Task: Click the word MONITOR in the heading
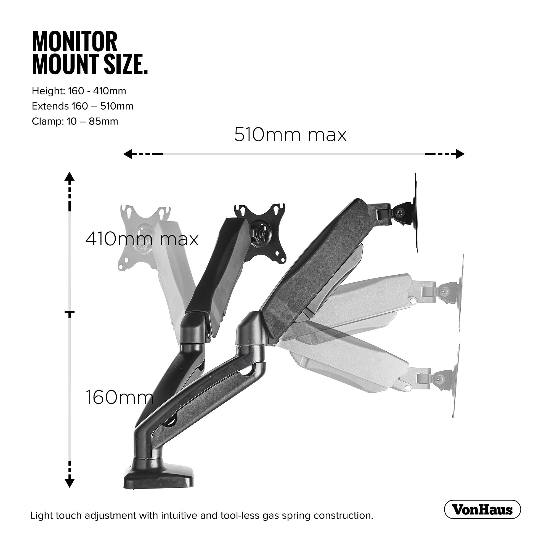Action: pyautogui.click(x=75, y=42)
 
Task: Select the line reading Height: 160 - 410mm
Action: pyautogui.click(x=79, y=91)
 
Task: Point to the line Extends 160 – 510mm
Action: pyautogui.click(x=82, y=106)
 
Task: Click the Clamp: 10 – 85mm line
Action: pyautogui.click(x=75, y=121)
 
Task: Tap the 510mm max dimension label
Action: pyautogui.click(x=290, y=135)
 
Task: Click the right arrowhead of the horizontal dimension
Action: pyautogui.click(x=460, y=154)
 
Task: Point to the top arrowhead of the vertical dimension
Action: pyautogui.click(x=70, y=177)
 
